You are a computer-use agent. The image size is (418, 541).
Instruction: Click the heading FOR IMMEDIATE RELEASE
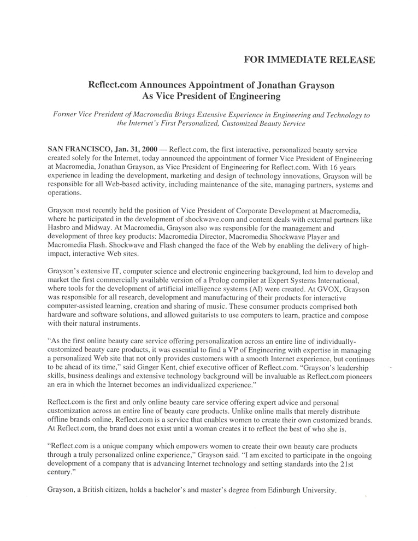pyautogui.click(x=309, y=59)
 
